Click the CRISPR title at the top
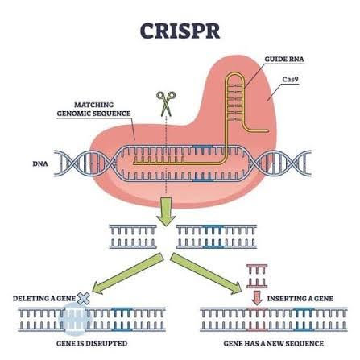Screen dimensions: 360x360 tap(180, 31)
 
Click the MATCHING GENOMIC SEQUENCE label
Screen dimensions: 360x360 tap(93, 109)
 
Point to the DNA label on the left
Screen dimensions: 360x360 tap(39, 163)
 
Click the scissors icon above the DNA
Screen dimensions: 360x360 tap(165, 103)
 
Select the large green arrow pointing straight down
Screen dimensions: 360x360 tap(166, 210)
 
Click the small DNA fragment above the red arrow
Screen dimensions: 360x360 tap(257, 276)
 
